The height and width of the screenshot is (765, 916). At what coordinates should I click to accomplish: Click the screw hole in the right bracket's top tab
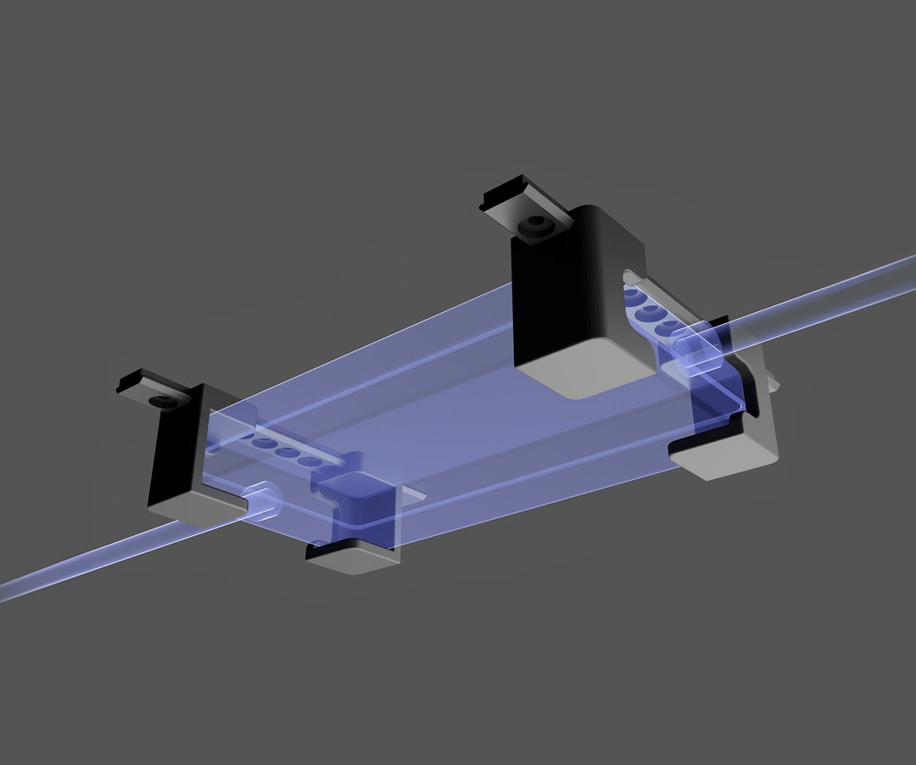click(x=535, y=225)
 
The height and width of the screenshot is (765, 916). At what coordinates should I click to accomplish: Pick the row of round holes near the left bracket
click(x=288, y=450)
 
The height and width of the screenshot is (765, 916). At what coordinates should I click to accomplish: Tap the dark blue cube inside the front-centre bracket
click(x=360, y=505)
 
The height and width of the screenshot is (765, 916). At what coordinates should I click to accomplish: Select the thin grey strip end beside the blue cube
click(x=413, y=494)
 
